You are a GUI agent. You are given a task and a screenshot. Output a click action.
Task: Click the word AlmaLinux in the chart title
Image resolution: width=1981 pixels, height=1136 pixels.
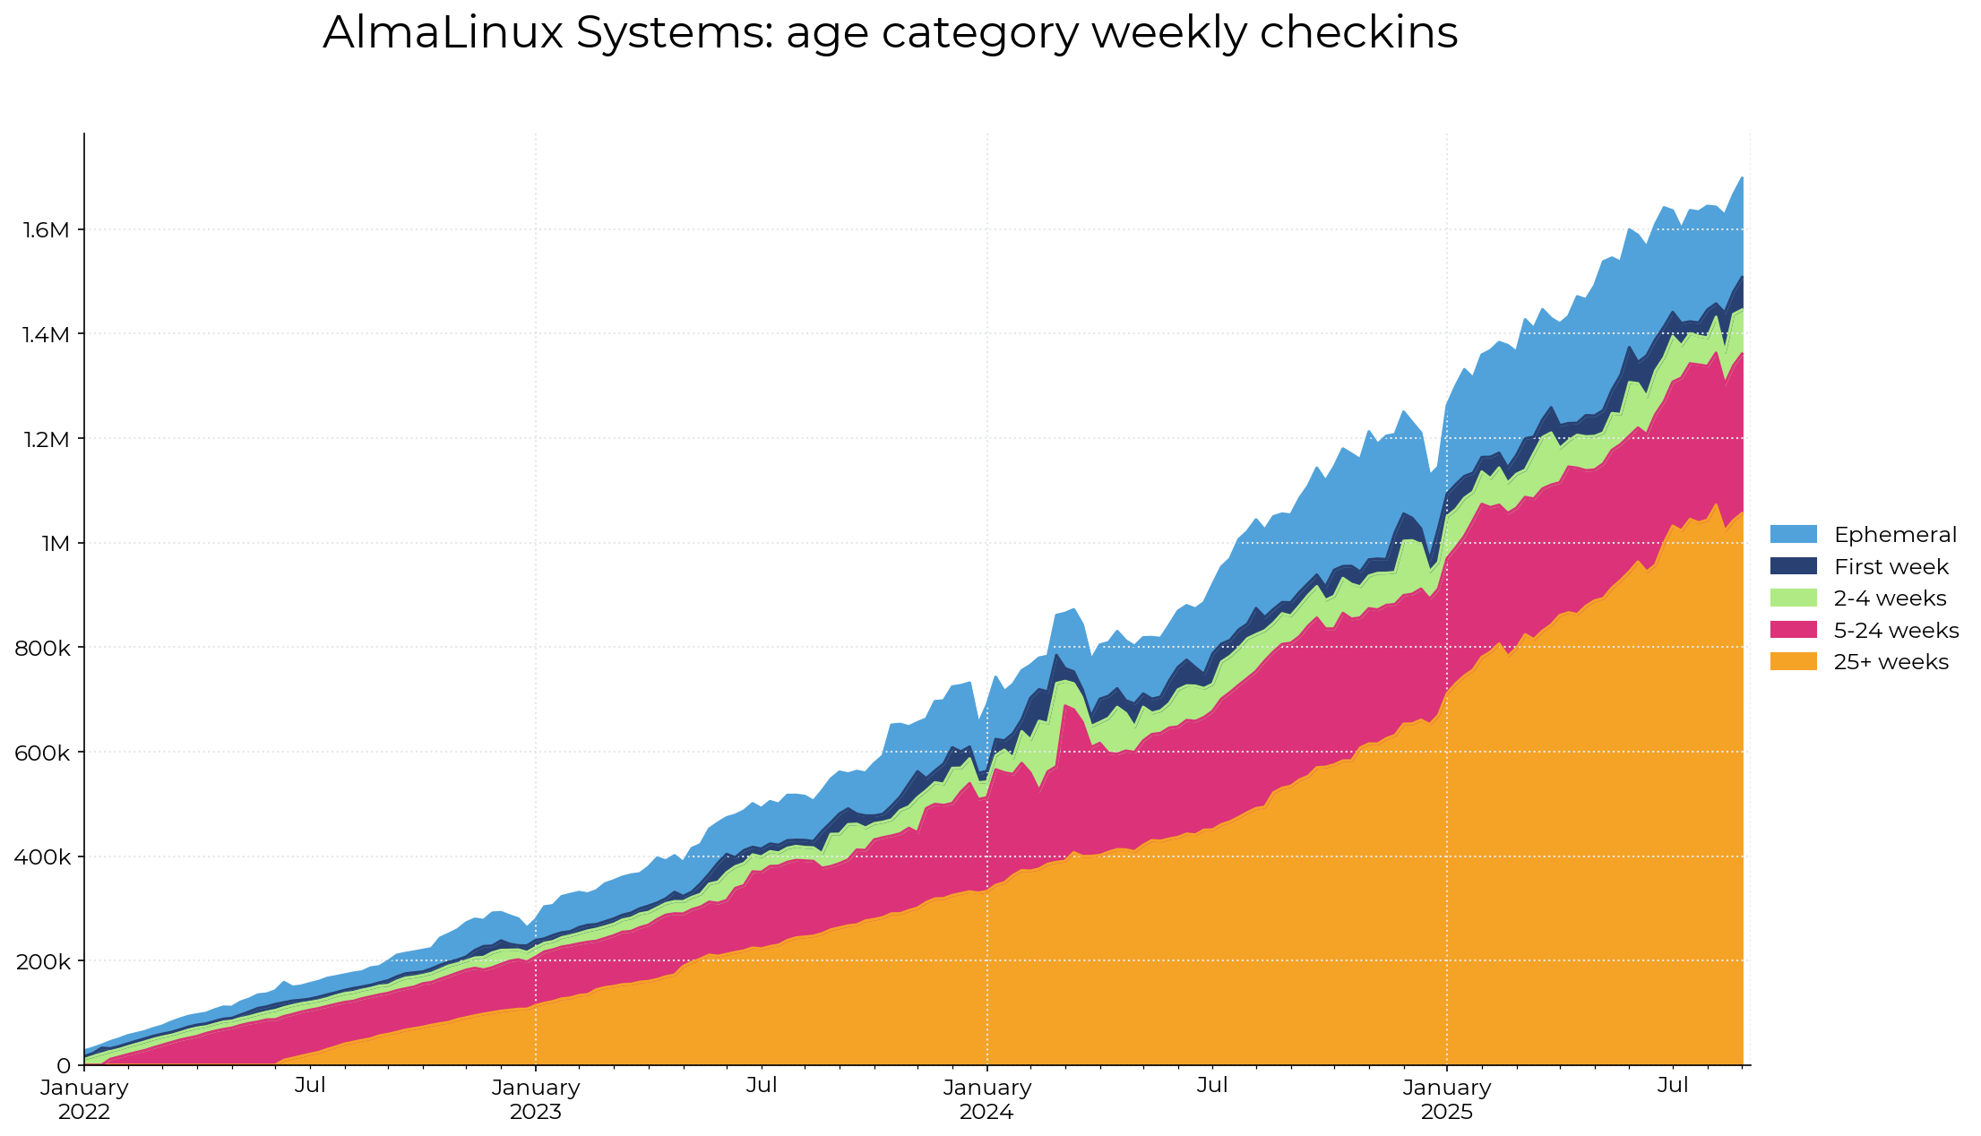(x=443, y=33)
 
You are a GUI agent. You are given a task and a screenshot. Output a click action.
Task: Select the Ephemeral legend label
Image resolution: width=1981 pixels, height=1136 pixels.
(x=1894, y=535)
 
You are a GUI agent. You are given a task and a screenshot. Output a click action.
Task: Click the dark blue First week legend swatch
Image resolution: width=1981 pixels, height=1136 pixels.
(x=1793, y=566)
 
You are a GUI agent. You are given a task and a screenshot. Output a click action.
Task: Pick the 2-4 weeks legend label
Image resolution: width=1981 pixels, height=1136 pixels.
(x=1890, y=598)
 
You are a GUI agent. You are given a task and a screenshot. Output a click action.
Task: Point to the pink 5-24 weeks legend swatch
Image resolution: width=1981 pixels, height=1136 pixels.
(x=1793, y=630)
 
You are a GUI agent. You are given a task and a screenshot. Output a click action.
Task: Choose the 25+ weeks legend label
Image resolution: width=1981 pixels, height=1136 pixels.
(x=1891, y=662)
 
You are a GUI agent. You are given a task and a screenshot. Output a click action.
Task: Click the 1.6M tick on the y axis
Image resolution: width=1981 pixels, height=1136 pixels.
(x=46, y=230)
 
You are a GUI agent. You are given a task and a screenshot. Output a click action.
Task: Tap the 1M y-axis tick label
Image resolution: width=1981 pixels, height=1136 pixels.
(x=55, y=544)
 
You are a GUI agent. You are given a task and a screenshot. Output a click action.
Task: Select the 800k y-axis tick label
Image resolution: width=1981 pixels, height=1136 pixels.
(x=42, y=648)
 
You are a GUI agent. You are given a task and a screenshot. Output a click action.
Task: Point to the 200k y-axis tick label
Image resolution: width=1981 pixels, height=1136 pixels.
(x=42, y=961)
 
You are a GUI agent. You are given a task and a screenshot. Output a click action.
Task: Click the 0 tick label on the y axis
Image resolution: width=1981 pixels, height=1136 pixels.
(x=63, y=1066)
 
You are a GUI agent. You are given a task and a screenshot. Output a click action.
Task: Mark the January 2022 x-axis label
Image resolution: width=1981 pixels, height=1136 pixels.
(x=84, y=1099)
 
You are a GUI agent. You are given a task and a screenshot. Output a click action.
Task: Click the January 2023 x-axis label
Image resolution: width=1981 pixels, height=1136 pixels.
(x=536, y=1099)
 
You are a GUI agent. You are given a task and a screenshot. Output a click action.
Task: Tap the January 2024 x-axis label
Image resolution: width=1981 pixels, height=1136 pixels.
(x=986, y=1099)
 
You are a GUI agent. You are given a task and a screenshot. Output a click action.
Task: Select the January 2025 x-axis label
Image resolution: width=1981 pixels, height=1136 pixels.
(x=1446, y=1099)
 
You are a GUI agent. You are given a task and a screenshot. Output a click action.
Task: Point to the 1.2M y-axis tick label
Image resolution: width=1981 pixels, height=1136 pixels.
(x=46, y=439)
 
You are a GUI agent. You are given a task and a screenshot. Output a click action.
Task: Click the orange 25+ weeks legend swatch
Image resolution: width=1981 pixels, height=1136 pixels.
(x=1793, y=662)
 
